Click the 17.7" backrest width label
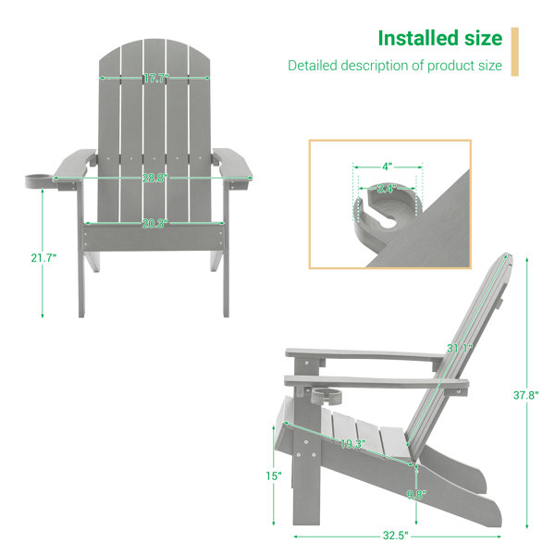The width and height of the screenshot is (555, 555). (x=156, y=78)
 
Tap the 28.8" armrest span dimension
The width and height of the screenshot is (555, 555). (x=155, y=178)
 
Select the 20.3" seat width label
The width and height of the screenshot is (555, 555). (x=155, y=224)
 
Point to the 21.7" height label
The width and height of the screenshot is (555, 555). (x=43, y=258)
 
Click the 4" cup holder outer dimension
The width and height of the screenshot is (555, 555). (x=388, y=166)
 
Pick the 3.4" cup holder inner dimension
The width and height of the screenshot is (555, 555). (x=387, y=189)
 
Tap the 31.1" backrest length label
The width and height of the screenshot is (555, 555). (x=459, y=349)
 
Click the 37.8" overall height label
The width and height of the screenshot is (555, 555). (x=526, y=395)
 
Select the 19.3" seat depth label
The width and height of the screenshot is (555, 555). (x=353, y=444)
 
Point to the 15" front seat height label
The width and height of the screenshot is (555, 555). (x=274, y=476)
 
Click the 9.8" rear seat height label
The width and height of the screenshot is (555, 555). (x=416, y=495)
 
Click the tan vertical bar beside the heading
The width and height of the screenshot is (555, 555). (x=514, y=52)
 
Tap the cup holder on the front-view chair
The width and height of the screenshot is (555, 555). (x=39, y=180)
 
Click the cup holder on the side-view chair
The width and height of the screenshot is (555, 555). (x=327, y=397)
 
